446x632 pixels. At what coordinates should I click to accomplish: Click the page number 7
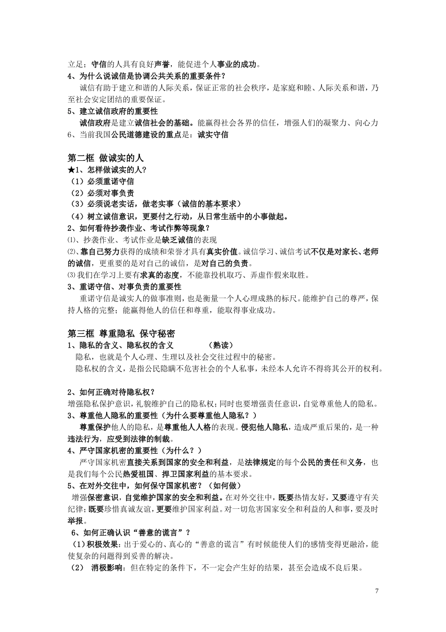(x=377, y=591)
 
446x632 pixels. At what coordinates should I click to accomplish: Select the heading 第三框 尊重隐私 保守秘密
(x=121, y=333)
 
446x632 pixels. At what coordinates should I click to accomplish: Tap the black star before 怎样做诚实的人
(x=71, y=170)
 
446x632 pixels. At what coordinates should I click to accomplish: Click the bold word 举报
(x=77, y=521)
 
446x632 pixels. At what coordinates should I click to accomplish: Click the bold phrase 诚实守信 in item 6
(x=213, y=135)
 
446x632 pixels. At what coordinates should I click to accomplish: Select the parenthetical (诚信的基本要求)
(x=210, y=205)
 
